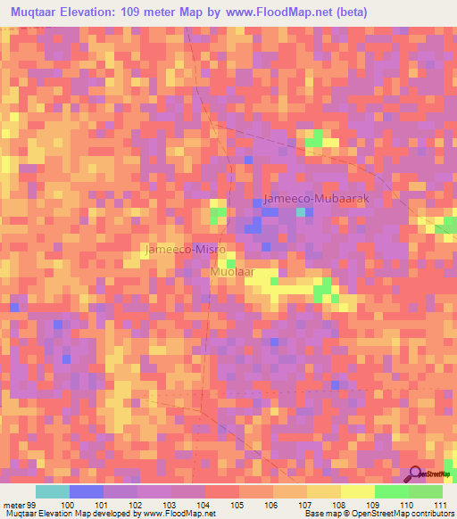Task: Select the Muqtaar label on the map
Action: [234, 271]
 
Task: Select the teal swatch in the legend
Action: [53, 491]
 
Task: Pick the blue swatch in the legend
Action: [87, 491]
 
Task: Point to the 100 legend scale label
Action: [70, 506]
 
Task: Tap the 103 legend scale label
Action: [171, 506]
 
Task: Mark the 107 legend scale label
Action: [307, 506]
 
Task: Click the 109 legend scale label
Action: [374, 506]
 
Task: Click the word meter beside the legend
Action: [13, 506]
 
